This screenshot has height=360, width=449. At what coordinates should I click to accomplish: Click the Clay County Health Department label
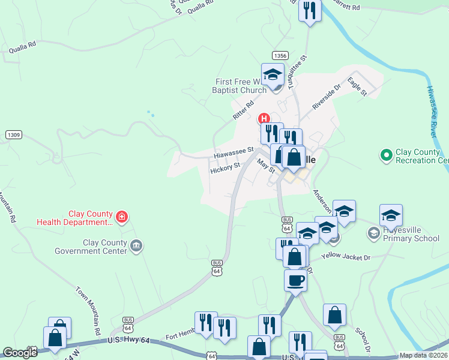coord(74,218)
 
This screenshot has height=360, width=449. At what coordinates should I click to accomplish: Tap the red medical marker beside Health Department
coord(122,217)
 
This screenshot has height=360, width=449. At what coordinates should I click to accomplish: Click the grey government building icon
coord(137,245)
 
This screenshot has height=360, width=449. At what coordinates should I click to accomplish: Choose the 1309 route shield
coord(14,135)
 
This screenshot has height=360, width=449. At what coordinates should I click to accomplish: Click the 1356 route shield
coord(280,55)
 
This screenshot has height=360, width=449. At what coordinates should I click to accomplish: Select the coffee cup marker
coord(295,280)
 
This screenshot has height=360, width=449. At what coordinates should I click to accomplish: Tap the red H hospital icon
coord(262,118)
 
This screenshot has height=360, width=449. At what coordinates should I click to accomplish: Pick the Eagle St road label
coord(357,88)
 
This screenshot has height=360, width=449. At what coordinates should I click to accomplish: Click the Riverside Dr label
coord(327,96)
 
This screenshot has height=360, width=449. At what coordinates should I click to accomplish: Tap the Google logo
coord(20,353)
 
